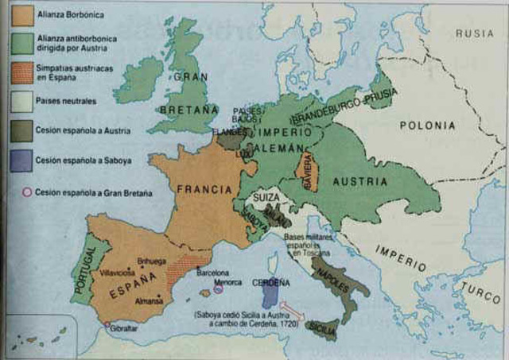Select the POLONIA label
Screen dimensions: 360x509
click(x=427, y=126)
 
